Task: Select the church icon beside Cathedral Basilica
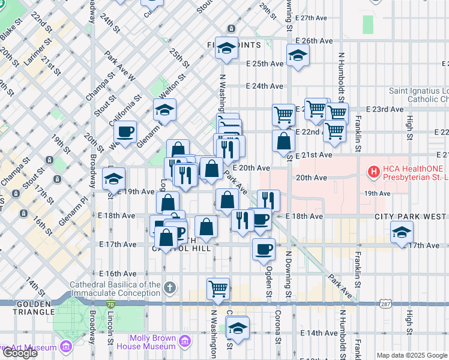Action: [x=170, y=287]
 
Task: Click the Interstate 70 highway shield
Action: [x=110, y=305]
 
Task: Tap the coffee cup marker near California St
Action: [x=125, y=132]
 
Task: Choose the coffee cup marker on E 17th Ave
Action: [x=263, y=249]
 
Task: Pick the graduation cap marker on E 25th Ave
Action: [x=297, y=56]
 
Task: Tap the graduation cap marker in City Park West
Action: [x=402, y=233]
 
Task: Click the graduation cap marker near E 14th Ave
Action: [x=238, y=329]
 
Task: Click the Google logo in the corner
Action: [x=19, y=353]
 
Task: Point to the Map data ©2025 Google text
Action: [x=412, y=355]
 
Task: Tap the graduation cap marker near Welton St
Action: [x=164, y=110]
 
